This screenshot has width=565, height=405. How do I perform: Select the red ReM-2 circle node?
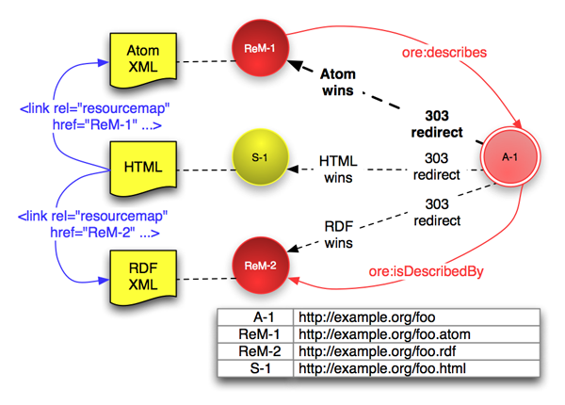[260, 266]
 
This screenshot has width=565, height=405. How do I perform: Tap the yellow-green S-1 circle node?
[260, 157]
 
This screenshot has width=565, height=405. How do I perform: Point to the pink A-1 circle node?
[509, 158]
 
